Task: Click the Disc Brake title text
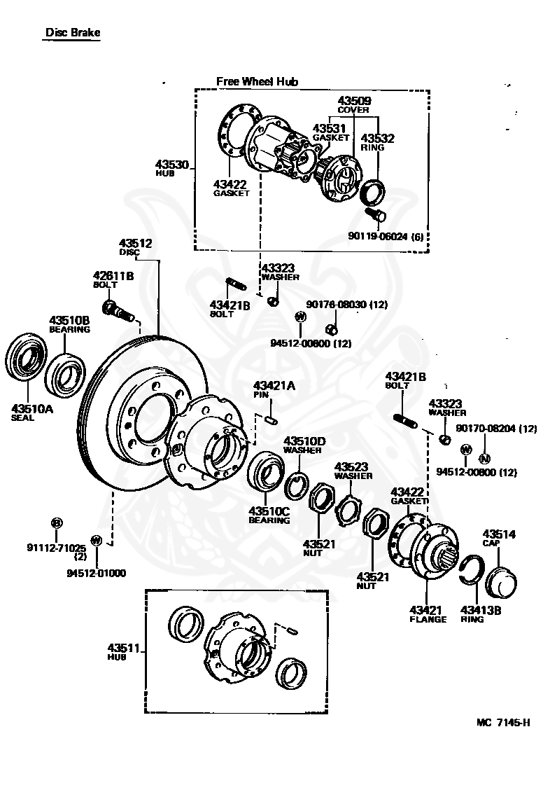click(x=73, y=32)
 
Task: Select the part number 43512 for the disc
click(x=135, y=243)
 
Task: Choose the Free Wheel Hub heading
click(x=257, y=81)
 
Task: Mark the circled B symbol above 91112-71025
click(x=57, y=522)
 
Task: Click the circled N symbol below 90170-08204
click(x=483, y=459)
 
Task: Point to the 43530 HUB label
click(x=172, y=167)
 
